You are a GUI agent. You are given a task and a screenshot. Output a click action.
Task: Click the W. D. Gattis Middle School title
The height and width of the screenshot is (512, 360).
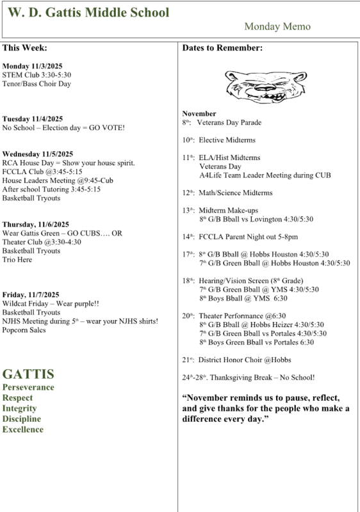[x=89, y=13]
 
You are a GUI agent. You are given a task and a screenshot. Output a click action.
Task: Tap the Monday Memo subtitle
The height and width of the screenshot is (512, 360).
[x=277, y=27]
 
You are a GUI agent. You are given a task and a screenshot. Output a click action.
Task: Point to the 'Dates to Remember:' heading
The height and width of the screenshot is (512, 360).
[x=222, y=48]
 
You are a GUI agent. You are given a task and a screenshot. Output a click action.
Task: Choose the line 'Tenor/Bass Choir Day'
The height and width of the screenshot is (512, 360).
[x=37, y=84]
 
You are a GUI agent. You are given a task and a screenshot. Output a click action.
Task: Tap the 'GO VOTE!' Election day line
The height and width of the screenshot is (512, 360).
[x=63, y=127]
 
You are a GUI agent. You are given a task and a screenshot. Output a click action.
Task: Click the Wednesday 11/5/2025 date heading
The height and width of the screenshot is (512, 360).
[x=38, y=154]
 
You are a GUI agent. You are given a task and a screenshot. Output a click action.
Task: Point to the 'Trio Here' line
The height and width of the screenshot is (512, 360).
[x=18, y=260]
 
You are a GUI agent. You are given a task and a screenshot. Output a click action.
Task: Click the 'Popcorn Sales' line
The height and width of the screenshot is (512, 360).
[x=24, y=330]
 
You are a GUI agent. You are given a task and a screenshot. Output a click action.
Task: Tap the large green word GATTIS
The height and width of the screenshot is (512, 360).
[x=28, y=374]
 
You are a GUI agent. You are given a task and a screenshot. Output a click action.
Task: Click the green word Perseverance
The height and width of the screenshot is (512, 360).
[x=28, y=387]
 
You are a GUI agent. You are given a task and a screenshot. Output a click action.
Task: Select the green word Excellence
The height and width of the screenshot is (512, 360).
[x=22, y=429]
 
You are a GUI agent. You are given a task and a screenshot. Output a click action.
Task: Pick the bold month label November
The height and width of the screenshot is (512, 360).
[x=199, y=113]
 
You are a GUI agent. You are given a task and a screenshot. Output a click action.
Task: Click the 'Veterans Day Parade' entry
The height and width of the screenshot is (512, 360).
[x=228, y=122]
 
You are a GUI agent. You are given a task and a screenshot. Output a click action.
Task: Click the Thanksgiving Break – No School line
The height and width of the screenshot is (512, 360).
[x=248, y=378]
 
